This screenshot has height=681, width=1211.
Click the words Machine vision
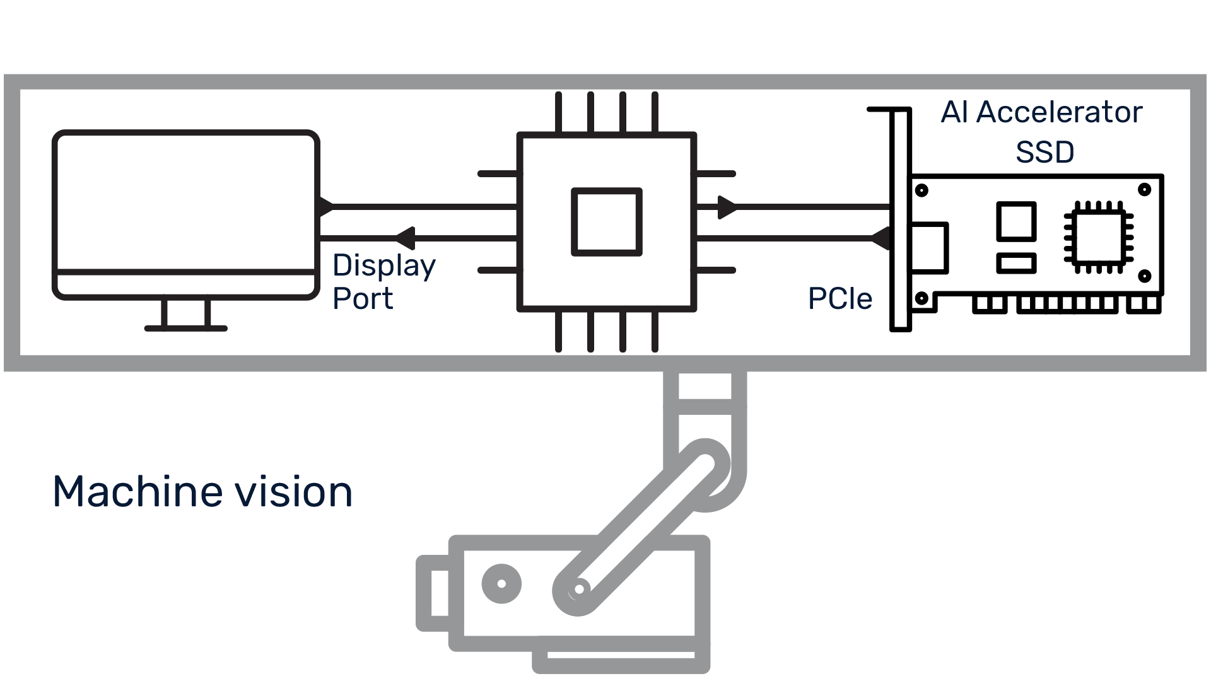pos(202,492)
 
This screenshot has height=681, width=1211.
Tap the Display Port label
pos(383,282)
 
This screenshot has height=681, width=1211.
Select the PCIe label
pos(840,299)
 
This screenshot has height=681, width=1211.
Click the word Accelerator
pos(1059,112)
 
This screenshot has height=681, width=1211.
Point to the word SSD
pos(1044,152)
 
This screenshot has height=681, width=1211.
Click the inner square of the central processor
pos(606,221)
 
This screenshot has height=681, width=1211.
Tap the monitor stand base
pos(185,328)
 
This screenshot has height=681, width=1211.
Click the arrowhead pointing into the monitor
pos(325,207)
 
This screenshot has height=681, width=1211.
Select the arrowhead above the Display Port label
pos(404,238)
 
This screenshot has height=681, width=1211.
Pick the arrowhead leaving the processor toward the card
pos(727,207)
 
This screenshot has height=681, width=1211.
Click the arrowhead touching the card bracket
pos(881,238)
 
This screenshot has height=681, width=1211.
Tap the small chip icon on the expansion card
pos(1098,237)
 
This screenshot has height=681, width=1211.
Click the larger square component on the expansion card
pos(1016,221)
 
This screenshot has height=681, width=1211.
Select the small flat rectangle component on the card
pos(1016,263)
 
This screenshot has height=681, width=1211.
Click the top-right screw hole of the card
pos(1144,189)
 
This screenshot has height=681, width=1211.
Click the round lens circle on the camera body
pos(501,583)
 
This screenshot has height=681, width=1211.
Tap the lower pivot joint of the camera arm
pos(578,590)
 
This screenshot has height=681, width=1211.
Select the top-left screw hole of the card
pos(921,190)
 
